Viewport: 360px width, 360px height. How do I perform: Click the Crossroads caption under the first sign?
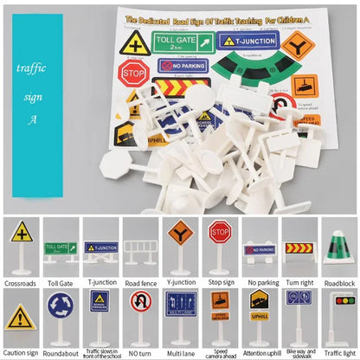tap(22, 282)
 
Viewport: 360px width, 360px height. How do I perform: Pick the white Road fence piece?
tap(141, 252)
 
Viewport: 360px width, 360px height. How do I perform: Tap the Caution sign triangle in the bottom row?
tap(22, 317)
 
